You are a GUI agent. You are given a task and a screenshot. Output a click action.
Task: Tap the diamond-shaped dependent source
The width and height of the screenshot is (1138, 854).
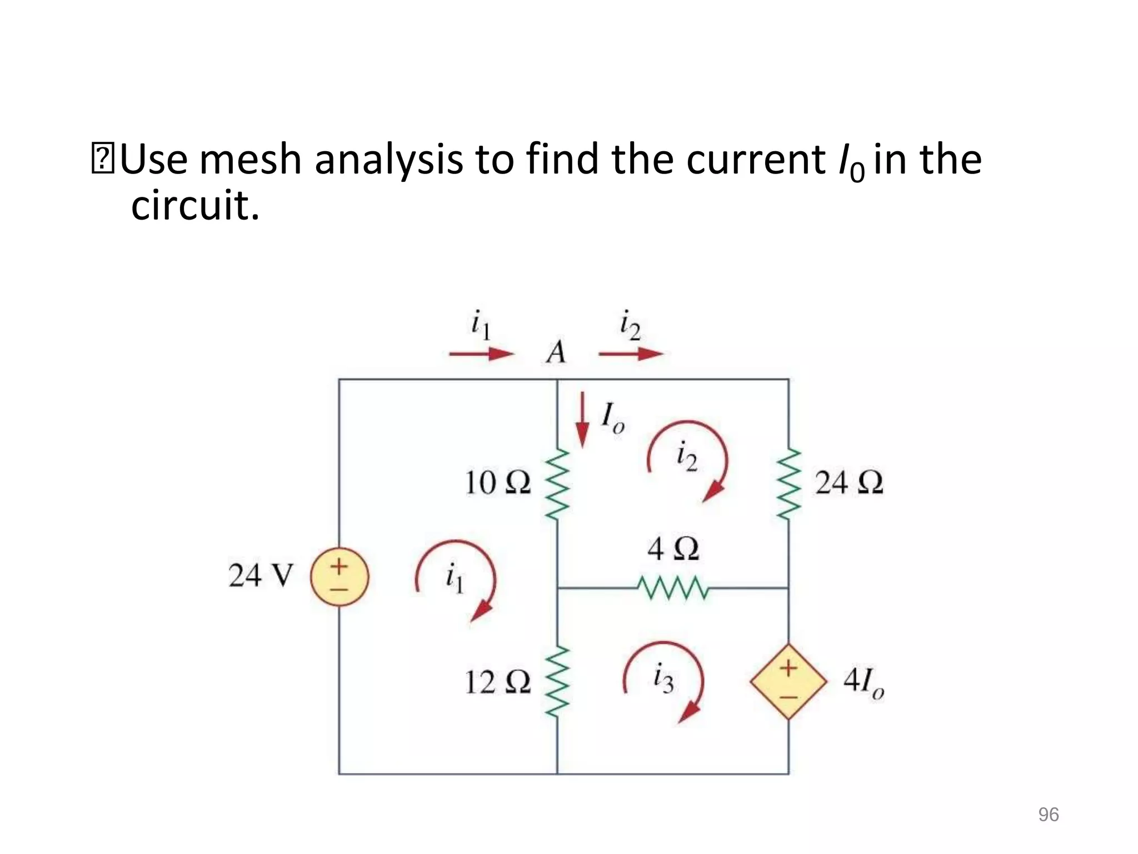point(788,682)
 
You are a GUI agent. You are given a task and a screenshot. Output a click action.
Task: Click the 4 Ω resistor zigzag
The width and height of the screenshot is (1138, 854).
point(672,588)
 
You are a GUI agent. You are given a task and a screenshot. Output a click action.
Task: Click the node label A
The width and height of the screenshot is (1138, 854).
point(556,352)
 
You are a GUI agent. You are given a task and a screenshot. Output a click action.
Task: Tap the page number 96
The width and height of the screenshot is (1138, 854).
point(1048,815)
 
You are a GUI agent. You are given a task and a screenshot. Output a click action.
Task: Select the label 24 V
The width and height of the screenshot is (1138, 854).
point(260,575)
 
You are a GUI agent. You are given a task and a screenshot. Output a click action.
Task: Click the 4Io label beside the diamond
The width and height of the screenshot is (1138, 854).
point(863,682)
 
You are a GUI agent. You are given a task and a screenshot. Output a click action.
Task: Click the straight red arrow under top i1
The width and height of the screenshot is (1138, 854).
point(481,354)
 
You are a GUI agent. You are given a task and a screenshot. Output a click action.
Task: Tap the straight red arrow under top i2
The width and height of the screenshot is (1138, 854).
point(631,354)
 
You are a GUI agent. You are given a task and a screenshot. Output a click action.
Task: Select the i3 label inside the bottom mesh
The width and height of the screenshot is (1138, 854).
point(663,679)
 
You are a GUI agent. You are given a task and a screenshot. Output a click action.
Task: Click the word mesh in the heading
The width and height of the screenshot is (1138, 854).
point(250,160)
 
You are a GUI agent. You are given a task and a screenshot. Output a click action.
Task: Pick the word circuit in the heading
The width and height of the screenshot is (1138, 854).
point(195,206)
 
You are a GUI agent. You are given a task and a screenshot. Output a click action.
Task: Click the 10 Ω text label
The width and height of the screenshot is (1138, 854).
point(497,483)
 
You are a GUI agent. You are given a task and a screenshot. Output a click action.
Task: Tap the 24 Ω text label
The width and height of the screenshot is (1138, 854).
point(848,483)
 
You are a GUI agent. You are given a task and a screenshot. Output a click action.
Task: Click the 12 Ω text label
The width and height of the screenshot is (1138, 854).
point(497,682)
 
